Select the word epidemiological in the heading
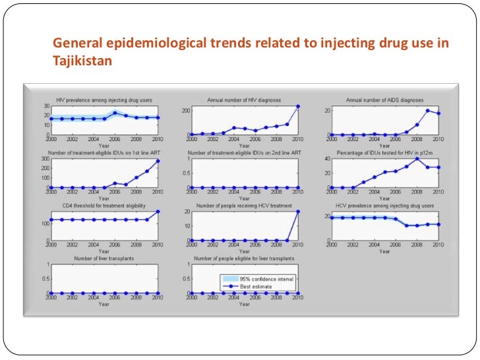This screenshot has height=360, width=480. point(151,44)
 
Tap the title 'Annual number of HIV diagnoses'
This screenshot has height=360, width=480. point(243,100)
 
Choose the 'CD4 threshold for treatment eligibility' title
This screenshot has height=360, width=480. point(104,206)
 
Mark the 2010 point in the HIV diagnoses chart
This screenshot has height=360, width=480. point(297,107)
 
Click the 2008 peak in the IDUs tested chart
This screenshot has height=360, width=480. point(417,159)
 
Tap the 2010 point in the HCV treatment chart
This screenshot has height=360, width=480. point(297,212)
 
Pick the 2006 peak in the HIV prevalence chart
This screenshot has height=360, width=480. point(115,113)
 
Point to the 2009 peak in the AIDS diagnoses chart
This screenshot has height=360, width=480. point(428,110)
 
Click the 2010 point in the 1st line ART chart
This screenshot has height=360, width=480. point(158,161)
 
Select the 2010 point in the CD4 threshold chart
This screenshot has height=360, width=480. point(158,212)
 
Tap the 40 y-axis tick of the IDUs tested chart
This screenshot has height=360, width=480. point(326,159)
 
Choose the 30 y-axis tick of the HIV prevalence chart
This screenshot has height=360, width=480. point(46,106)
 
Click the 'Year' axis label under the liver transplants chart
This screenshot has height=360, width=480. point(104,305)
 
